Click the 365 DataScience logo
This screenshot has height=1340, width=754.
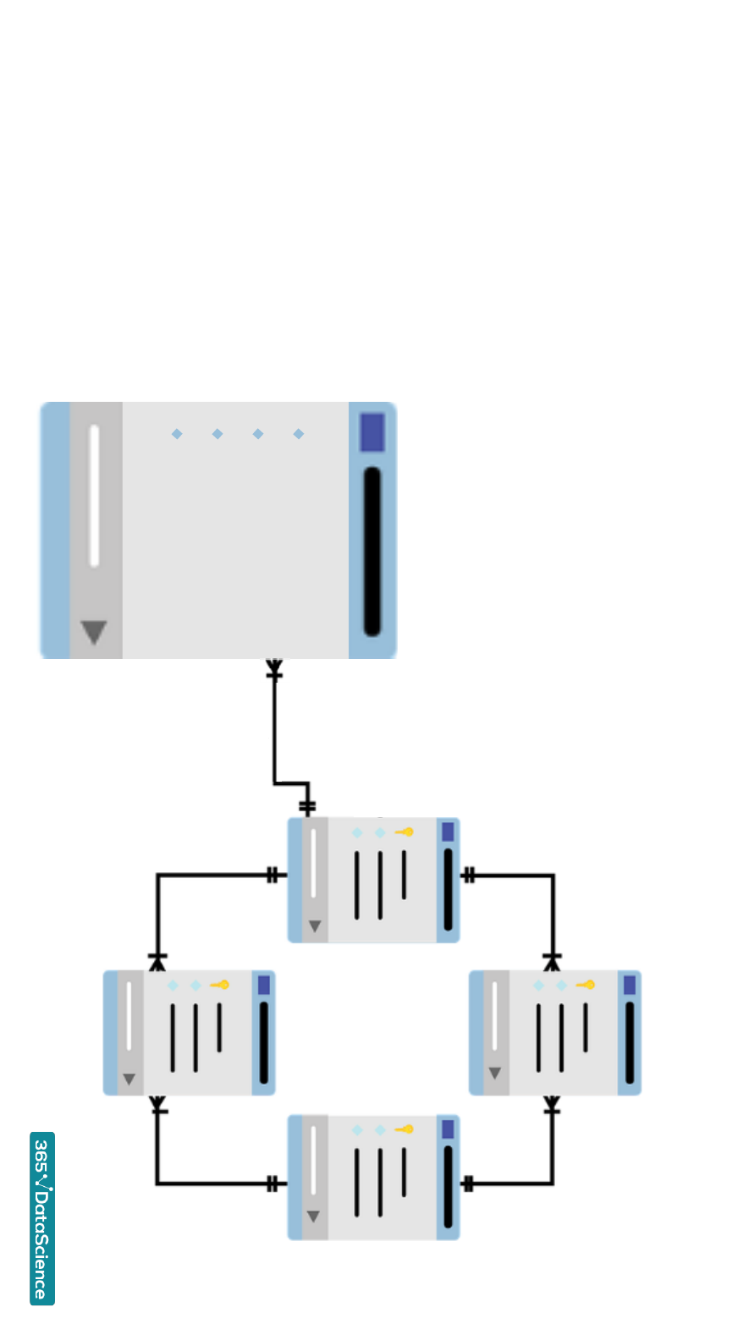(42, 1218)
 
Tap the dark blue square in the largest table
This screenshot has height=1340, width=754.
(372, 432)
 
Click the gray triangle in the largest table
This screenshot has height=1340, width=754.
(94, 631)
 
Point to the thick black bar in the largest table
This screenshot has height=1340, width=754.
(372, 550)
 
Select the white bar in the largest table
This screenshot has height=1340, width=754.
(94, 496)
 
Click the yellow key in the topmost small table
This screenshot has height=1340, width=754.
(405, 832)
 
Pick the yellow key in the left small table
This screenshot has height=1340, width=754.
(221, 985)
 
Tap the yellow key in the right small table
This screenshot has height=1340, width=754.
(586, 985)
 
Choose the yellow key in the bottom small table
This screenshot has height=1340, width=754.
(405, 1129)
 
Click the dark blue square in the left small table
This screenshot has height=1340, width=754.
(264, 985)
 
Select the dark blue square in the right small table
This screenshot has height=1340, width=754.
(630, 985)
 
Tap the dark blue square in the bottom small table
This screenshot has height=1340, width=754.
(448, 1129)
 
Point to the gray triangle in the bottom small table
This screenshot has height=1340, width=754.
(313, 1216)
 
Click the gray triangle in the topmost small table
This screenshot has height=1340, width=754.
(315, 926)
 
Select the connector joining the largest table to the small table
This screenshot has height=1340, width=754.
(274, 736)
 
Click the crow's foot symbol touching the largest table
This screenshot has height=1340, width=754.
(274, 668)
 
